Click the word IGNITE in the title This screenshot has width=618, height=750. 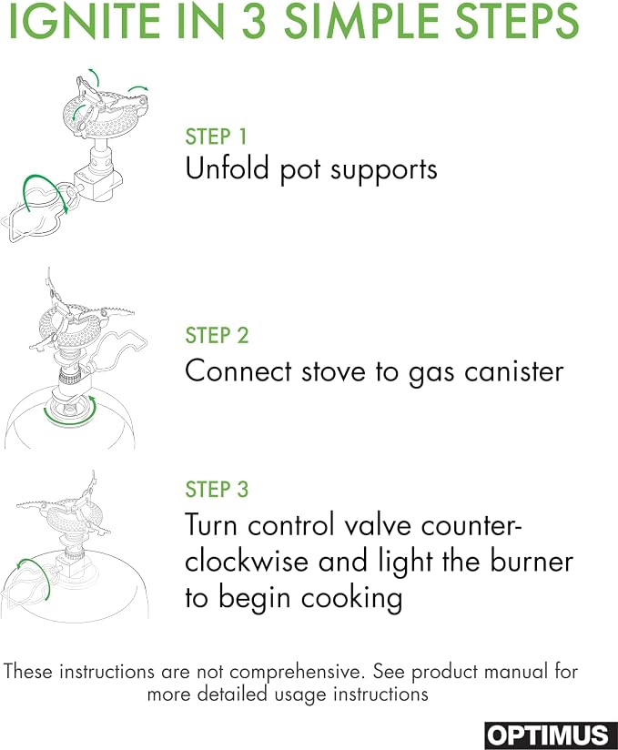point(84,22)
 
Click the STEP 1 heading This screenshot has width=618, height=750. point(217,137)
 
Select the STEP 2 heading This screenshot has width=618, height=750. point(217,335)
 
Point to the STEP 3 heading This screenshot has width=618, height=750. point(217,490)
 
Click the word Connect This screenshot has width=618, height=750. point(238,371)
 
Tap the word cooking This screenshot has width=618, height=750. point(351,598)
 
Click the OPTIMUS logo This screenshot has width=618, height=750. point(551,735)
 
